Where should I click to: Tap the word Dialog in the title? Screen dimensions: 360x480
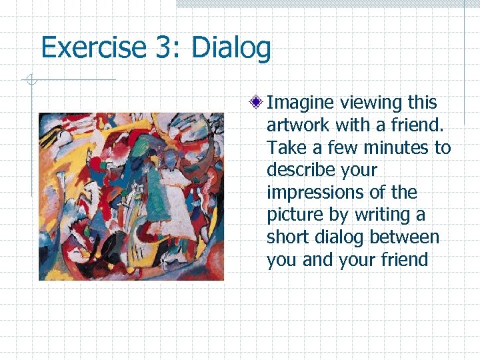231,48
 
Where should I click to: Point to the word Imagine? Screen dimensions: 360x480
301,103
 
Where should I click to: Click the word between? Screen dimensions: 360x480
405,237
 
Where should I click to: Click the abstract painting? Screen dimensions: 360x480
131,196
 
